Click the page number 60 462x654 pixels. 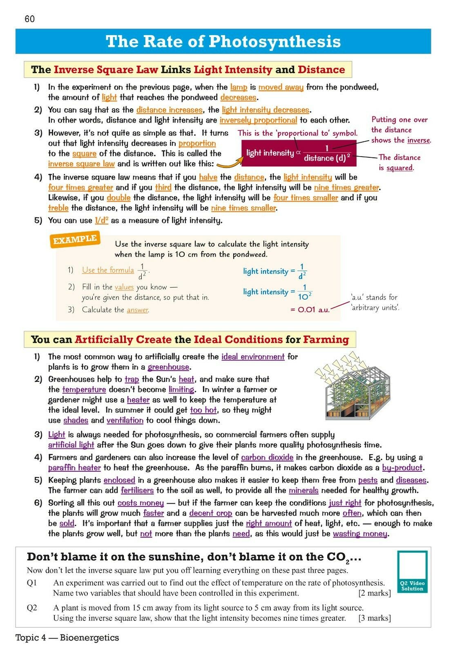(30, 19)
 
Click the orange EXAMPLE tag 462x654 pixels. (75, 240)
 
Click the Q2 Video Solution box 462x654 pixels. (412, 571)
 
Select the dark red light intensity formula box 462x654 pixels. (299, 153)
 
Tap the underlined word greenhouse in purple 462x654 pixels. (168, 367)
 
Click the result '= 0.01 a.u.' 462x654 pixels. (310, 310)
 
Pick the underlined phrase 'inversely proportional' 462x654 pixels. (258, 120)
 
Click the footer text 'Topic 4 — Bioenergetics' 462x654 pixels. (67, 638)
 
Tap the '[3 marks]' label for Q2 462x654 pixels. (375, 618)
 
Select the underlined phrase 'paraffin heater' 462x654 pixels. (74, 468)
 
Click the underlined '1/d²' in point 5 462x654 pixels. (101, 220)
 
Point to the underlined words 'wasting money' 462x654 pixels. (360, 533)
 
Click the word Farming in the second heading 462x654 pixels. (326, 340)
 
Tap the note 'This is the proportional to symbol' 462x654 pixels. (297, 133)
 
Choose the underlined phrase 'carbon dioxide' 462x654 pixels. (267, 457)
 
